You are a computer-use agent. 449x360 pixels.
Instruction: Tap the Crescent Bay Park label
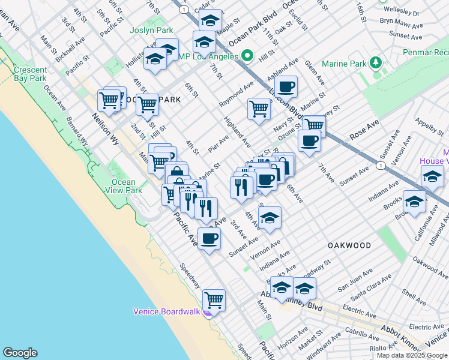[x=30, y=74]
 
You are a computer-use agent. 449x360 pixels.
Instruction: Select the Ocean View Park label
[x=124, y=186]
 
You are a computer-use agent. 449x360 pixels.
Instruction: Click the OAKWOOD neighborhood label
[x=349, y=245]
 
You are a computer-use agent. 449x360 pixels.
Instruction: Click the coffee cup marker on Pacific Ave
[x=209, y=238]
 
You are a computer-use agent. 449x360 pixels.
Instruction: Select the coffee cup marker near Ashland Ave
[x=286, y=86]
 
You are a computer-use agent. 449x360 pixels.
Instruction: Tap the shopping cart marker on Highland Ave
[x=259, y=109]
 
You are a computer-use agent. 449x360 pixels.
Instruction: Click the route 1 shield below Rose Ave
[x=380, y=165]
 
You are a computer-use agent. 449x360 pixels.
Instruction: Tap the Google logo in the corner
[x=20, y=353]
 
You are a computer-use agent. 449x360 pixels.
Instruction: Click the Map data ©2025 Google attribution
[x=412, y=355]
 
